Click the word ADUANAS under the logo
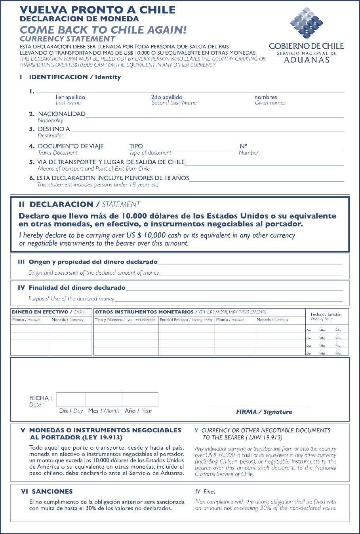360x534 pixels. pyautogui.click(x=307, y=60)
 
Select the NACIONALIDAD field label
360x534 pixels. pyautogui.click(x=61, y=114)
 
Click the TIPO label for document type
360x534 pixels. pyautogui.click(x=136, y=146)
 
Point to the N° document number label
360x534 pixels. pyautogui.click(x=243, y=146)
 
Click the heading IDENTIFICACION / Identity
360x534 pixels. pyautogui.click(x=74, y=77)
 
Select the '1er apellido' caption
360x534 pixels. pyautogui.click(x=70, y=97)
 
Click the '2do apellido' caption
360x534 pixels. pyautogui.click(x=167, y=97)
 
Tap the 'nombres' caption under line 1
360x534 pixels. pyautogui.click(x=266, y=97)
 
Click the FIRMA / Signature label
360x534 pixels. pyautogui.click(x=264, y=412)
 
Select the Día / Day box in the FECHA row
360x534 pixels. pyautogui.click(x=71, y=399)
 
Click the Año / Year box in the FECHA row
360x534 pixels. pyautogui.click(x=140, y=399)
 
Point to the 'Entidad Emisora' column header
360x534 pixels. pyautogui.click(x=186, y=319)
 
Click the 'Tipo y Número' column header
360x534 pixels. pyautogui.click(x=125, y=319)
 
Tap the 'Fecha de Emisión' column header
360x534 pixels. pyautogui.click(x=326, y=314)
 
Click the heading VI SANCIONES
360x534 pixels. pyautogui.click(x=47, y=492)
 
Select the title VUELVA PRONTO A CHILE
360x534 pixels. pyautogui.click(x=97, y=10)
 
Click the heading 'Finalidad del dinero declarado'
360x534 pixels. pyautogui.click(x=77, y=288)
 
